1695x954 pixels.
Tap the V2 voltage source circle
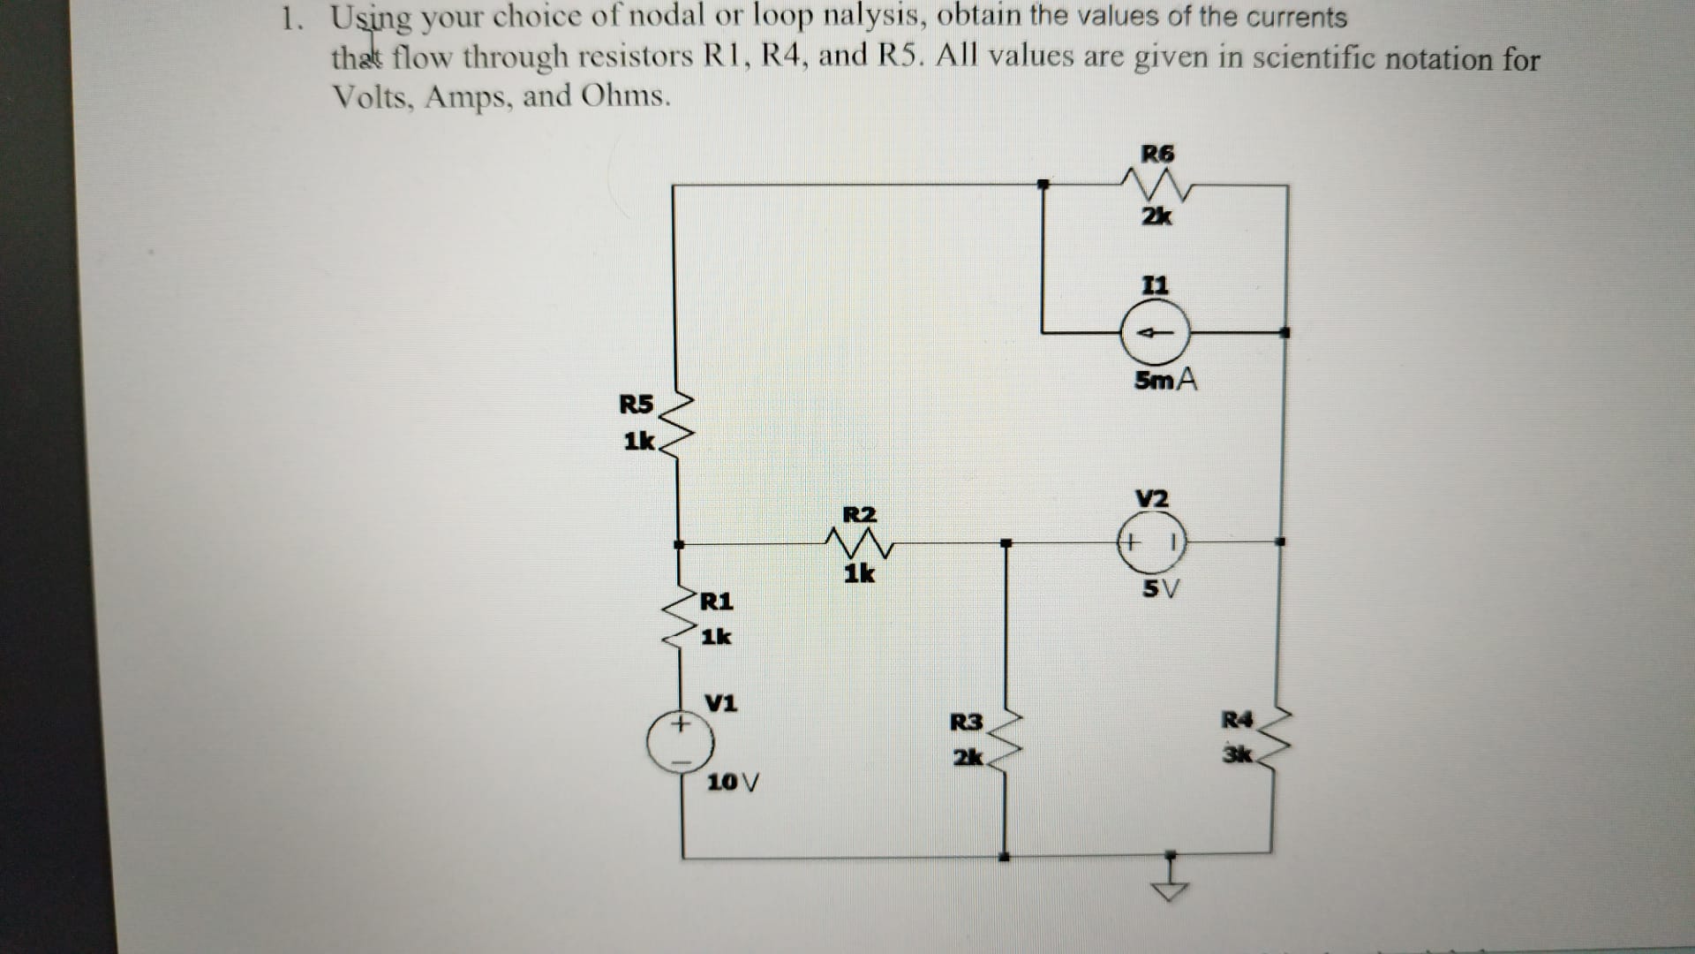pyautogui.click(x=1151, y=541)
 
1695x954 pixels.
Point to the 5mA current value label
pyautogui.click(x=1165, y=381)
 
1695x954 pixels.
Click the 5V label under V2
pyautogui.click(x=1160, y=588)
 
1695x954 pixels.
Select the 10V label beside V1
pyautogui.click(x=733, y=782)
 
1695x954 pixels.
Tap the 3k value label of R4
pyautogui.click(x=1238, y=755)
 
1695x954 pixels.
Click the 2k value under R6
pyautogui.click(x=1156, y=216)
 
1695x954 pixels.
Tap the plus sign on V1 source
pyautogui.click(x=680, y=724)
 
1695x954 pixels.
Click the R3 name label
pyautogui.click(x=966, y=723)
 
